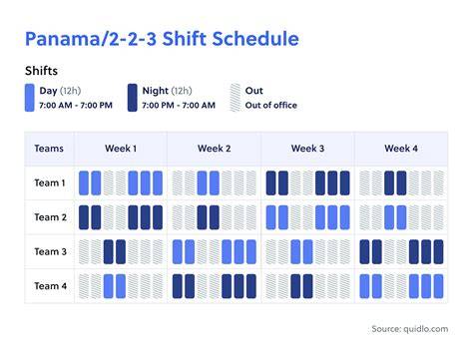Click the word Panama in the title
click(63, 39)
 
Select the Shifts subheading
click(41, 71)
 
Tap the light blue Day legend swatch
click(30, 98)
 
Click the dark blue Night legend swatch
click(133, 98)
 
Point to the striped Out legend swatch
click(236, 98)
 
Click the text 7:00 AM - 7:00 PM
click(76, 106)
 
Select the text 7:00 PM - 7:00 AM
click(179, 106)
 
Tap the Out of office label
click(271, 106)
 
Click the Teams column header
click(49, 149)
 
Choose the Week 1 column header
click(121, 149)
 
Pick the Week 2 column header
click(215, 149)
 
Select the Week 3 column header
click(307, 149)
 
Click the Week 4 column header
click(401, 149)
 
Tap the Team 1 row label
click(50, 182)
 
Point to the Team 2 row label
click(51, 217)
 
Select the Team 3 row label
click(51, 251)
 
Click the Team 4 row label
click(51, 286)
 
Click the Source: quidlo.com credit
click(410, 329)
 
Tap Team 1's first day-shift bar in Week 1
click(84, 183)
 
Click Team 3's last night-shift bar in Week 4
click(439, 252)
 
